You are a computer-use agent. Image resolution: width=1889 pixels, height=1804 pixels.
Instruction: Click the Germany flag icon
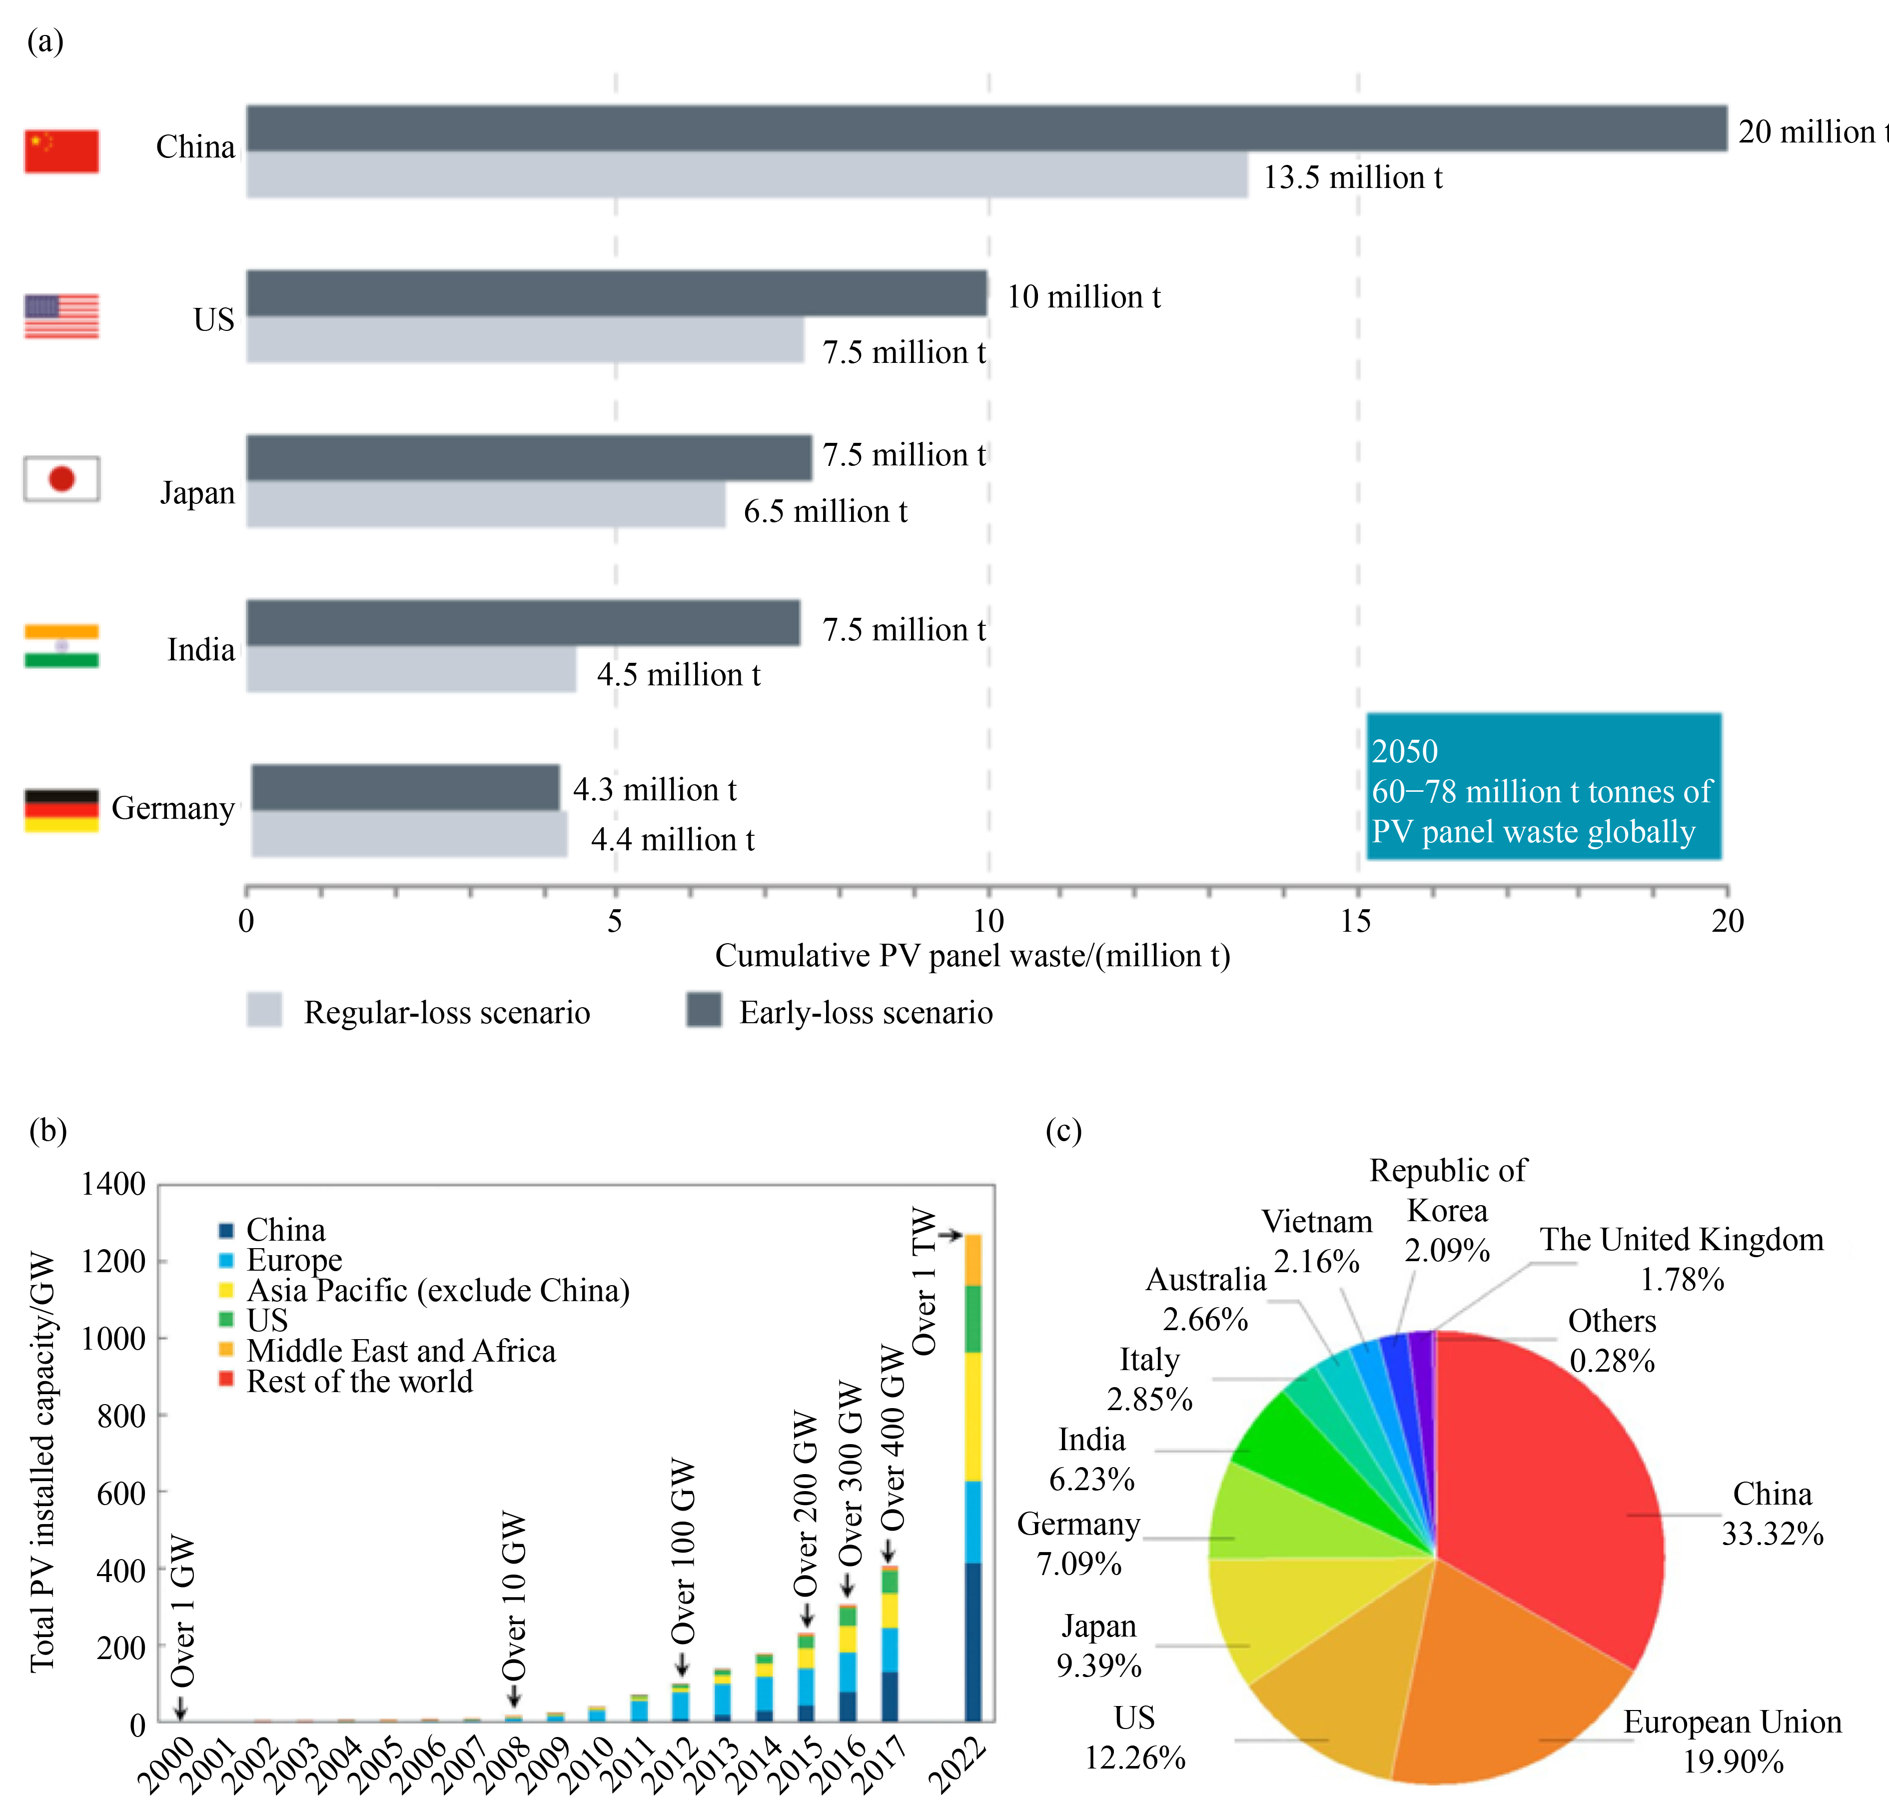click(61, 810)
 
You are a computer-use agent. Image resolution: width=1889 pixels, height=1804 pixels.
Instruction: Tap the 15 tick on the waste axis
click(1356, 921)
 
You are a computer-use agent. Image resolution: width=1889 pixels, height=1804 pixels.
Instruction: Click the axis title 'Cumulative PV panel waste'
click(972, 956)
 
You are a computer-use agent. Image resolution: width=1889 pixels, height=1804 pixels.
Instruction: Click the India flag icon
click(61, 645)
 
